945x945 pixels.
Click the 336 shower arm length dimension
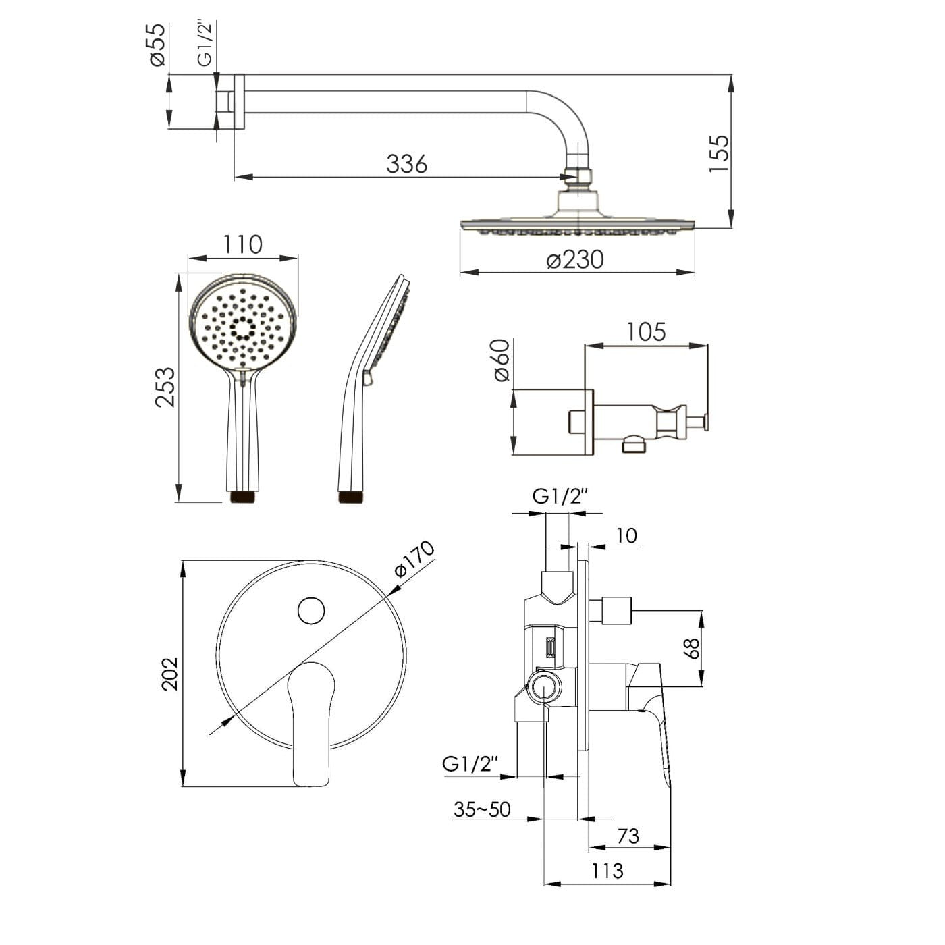407,163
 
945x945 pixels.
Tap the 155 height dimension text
720,154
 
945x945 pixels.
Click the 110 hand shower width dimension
242,244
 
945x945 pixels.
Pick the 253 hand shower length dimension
165,387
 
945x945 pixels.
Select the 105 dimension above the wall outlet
646,332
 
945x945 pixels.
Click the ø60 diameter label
502,361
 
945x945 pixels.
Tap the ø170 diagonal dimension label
414,560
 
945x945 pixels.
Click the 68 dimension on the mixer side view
691,649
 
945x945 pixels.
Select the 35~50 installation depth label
482,809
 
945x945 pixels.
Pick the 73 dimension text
628,836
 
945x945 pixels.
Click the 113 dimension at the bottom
607,871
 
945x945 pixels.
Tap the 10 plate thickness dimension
626,535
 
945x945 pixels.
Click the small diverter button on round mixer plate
311,611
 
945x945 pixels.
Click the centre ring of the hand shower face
242,329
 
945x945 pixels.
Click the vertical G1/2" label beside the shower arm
205,43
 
